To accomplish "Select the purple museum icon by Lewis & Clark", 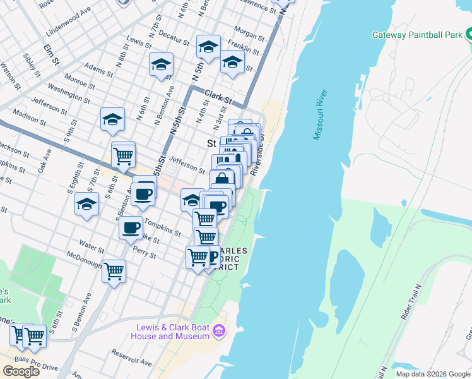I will (x=219, y=330).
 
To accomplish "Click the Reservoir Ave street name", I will (x=131, y=359).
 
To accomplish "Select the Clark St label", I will (x=218, y=98).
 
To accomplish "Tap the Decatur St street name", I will (x=174, y=37).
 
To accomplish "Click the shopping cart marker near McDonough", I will (x=114, y=271).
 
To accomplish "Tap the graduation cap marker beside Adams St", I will (x=161, y=65).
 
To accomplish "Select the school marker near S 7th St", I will (x=86, y=204).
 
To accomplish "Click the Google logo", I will (x=21, y=371).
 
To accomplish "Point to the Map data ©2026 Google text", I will (x=432, y=373).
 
